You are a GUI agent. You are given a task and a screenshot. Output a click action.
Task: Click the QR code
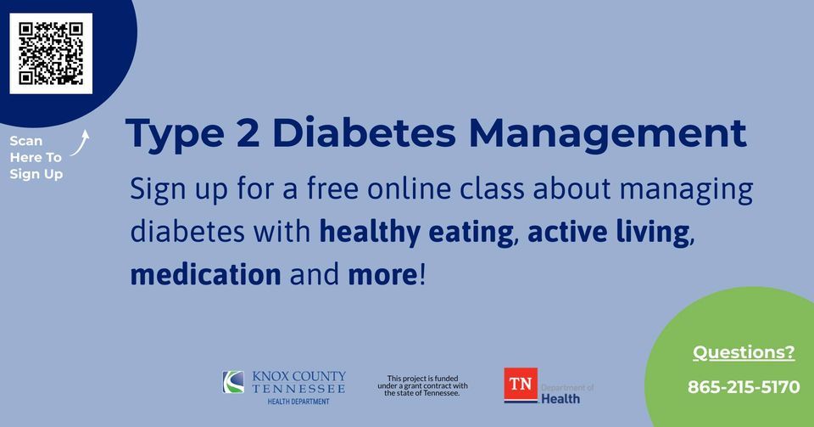51,53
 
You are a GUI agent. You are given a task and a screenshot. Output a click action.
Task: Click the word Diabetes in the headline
364,133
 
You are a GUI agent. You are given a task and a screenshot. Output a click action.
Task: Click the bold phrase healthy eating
416,233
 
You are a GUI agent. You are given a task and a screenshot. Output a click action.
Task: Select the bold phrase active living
609,233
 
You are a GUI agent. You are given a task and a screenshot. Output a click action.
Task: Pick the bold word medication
205,274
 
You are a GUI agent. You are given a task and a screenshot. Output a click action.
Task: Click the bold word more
382,275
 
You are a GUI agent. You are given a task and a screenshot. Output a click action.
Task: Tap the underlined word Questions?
744,352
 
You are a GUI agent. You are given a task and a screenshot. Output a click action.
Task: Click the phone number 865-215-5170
744,387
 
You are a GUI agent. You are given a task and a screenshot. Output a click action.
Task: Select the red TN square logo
521,385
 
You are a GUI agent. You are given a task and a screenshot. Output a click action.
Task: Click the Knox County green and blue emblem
233,382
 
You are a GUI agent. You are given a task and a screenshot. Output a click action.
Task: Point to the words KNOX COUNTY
299,376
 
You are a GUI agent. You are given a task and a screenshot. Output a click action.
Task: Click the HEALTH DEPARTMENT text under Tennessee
298,402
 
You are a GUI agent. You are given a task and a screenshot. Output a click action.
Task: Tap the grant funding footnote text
422,386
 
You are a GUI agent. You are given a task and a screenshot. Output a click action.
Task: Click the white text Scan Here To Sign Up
36,157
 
